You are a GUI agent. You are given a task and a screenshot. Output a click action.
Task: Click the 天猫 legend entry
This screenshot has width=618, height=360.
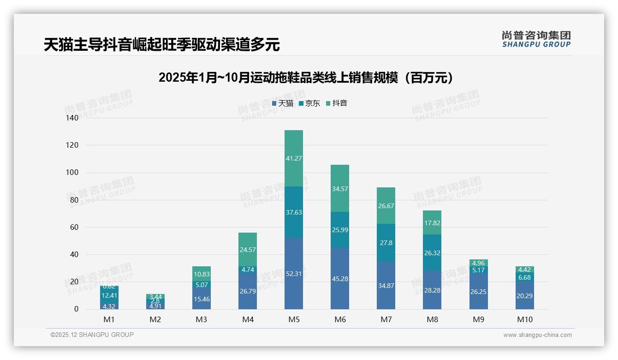(283, 103)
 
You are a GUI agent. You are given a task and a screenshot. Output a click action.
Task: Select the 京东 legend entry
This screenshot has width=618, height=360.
(309, 103)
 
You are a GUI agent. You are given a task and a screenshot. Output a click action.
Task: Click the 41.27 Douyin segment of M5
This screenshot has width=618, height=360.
(294, 158)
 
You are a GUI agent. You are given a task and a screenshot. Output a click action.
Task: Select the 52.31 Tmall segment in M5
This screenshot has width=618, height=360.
(294, 274)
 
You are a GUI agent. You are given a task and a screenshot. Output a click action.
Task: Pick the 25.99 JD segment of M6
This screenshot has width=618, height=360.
(340, 229)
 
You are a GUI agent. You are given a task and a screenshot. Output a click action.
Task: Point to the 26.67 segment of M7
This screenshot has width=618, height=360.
(386, 206)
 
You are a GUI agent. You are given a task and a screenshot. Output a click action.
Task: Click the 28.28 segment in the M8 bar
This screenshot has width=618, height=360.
(432, 290)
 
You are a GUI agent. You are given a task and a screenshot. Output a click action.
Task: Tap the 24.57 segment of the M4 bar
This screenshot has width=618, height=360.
(248, 250)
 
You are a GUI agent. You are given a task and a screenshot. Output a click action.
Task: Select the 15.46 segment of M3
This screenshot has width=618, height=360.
(202, 299)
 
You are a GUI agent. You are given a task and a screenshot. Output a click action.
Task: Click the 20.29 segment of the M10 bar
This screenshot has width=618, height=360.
(524, 296)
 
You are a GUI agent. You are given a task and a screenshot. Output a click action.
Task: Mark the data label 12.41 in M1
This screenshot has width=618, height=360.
(109, 295)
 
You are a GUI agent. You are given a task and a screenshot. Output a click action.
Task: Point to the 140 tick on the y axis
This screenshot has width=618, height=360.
(73, 118)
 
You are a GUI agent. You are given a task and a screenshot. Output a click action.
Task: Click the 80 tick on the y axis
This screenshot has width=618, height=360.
(74, 200)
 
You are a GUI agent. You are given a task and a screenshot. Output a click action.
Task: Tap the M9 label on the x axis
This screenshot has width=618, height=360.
(478, 319)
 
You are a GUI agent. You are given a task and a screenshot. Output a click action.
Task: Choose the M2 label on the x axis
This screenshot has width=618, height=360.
(155, 319)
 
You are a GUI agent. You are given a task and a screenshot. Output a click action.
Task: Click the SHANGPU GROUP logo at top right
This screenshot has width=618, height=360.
(536, 39)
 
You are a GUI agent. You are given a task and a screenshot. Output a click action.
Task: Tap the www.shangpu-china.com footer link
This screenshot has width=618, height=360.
(537, 335)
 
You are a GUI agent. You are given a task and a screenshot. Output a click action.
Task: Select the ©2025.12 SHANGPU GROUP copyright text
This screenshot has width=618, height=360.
(92, 335)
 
